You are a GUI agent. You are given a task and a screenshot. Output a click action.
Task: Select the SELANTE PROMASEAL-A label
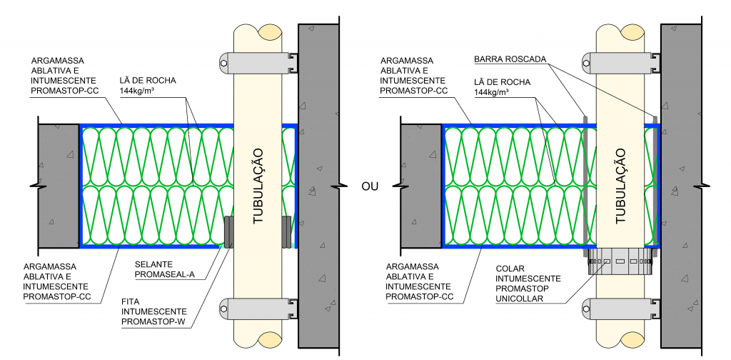point(163,269)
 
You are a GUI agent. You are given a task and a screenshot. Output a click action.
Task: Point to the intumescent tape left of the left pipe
point(228,231)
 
